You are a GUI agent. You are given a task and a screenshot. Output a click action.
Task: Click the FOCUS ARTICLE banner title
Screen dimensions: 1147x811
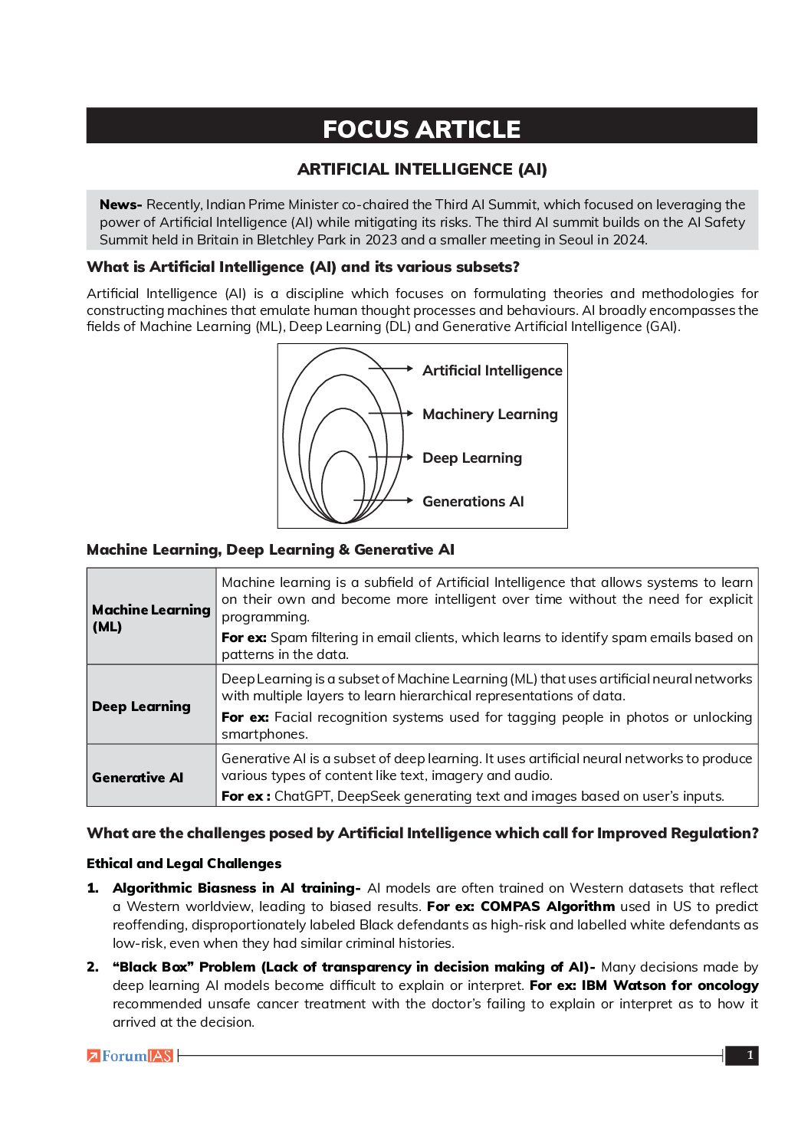(x=422, y=129)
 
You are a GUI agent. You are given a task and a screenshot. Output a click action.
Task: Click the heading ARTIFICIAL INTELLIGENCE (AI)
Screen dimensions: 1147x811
(x=422, y=169)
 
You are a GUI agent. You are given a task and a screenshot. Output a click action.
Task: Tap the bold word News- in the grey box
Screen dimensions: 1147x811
(x=120, y=205)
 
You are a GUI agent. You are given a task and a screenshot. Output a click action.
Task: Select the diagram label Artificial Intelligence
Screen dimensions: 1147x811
(x=492, y=371)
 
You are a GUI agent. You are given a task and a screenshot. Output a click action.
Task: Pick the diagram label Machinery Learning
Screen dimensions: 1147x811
(x=490, y=415)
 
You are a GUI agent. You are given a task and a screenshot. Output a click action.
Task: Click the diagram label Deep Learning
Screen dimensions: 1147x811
(x=472, y=458)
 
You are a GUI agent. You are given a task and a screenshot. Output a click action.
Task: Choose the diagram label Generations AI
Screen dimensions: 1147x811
(x=473, y=502)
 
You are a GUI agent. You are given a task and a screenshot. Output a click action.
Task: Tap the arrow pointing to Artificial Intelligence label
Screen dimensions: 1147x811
(x=393, y=369)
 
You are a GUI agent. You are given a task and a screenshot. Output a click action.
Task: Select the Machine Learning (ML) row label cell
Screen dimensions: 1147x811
(x=151, y=618)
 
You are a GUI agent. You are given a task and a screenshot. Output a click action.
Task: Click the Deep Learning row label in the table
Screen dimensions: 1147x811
(x=141, y=706)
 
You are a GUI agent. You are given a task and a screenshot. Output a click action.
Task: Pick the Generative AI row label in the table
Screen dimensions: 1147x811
(x=138, y=778)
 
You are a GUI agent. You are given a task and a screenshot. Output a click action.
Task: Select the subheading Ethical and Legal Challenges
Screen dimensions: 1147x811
(x=184, y=864)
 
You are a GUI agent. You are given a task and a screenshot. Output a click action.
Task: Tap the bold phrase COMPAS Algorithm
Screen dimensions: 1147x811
(x=547, y=906)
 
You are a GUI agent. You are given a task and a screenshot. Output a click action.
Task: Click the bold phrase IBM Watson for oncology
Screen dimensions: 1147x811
(x=670, y=985)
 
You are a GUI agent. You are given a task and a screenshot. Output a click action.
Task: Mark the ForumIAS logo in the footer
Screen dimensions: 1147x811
(x=130, y=1056)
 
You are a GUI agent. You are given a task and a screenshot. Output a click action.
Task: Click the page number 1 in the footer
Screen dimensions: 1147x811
(x=749, y=1056)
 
